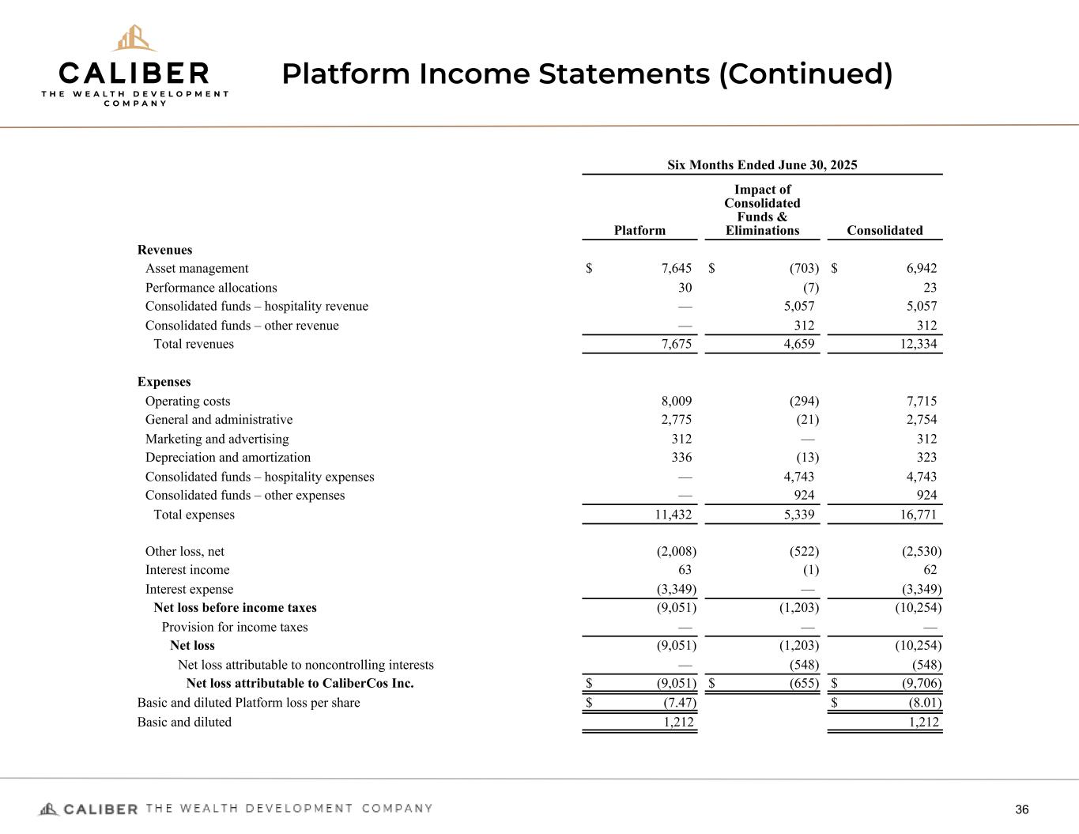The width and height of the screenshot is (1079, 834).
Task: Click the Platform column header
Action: pyautogui.click(x=639, y=231)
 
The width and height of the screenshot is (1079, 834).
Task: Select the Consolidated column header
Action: pyautogui.click(x=885, y=231)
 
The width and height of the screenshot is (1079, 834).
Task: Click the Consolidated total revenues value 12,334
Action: pyautogui.click(x=917, y=345)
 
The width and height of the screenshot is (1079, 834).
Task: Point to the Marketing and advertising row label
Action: pyautogui.click(x=217, y=440)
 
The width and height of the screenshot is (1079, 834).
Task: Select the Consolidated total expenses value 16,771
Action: pyautogui.click(x=917, y=515)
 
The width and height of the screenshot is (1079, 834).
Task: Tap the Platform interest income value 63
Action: pyautogui.click(x=685, y=571)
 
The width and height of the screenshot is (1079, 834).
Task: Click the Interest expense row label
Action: pyautogui.click(x=189, y=590)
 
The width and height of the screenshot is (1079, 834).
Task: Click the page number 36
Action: pyautogui.click(x=1022, y=809)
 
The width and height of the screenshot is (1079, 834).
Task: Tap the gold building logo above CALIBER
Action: pyautogui.click(x=134, y=38)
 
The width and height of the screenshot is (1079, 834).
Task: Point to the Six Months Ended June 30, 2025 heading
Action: pyautogui.click(x=762, y=165)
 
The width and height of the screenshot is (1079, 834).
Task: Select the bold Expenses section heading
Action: pyautogui.click(x=164, y=383)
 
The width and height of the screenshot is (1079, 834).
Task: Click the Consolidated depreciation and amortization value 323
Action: pyautogui.click(x=926, y=458)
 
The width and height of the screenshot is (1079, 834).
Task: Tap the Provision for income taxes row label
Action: pyautogui.click(x=235, y=628)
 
